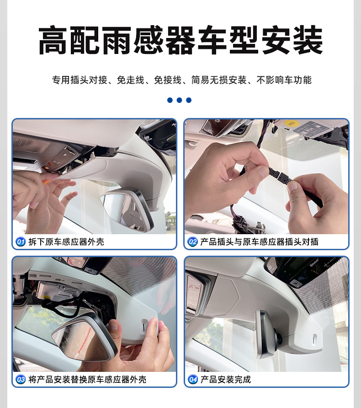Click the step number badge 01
coord(20,242)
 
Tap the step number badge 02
coord(192,242)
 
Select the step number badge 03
coord(20,380)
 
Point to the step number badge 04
coord(192,380)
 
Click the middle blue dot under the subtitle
coord(179,100)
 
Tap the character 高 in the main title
coord(53,40)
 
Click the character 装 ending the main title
coord(308,40)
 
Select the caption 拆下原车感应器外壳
coord(66,242)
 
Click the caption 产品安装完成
coord(226,380)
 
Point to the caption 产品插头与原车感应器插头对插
coord(260,242)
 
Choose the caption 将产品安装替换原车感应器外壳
coord(87,380)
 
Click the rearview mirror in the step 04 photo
coord(267,334)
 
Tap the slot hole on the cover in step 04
coord(315,339)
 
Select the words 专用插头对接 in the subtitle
coord(80,80)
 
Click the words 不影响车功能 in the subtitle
coord(284,80)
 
